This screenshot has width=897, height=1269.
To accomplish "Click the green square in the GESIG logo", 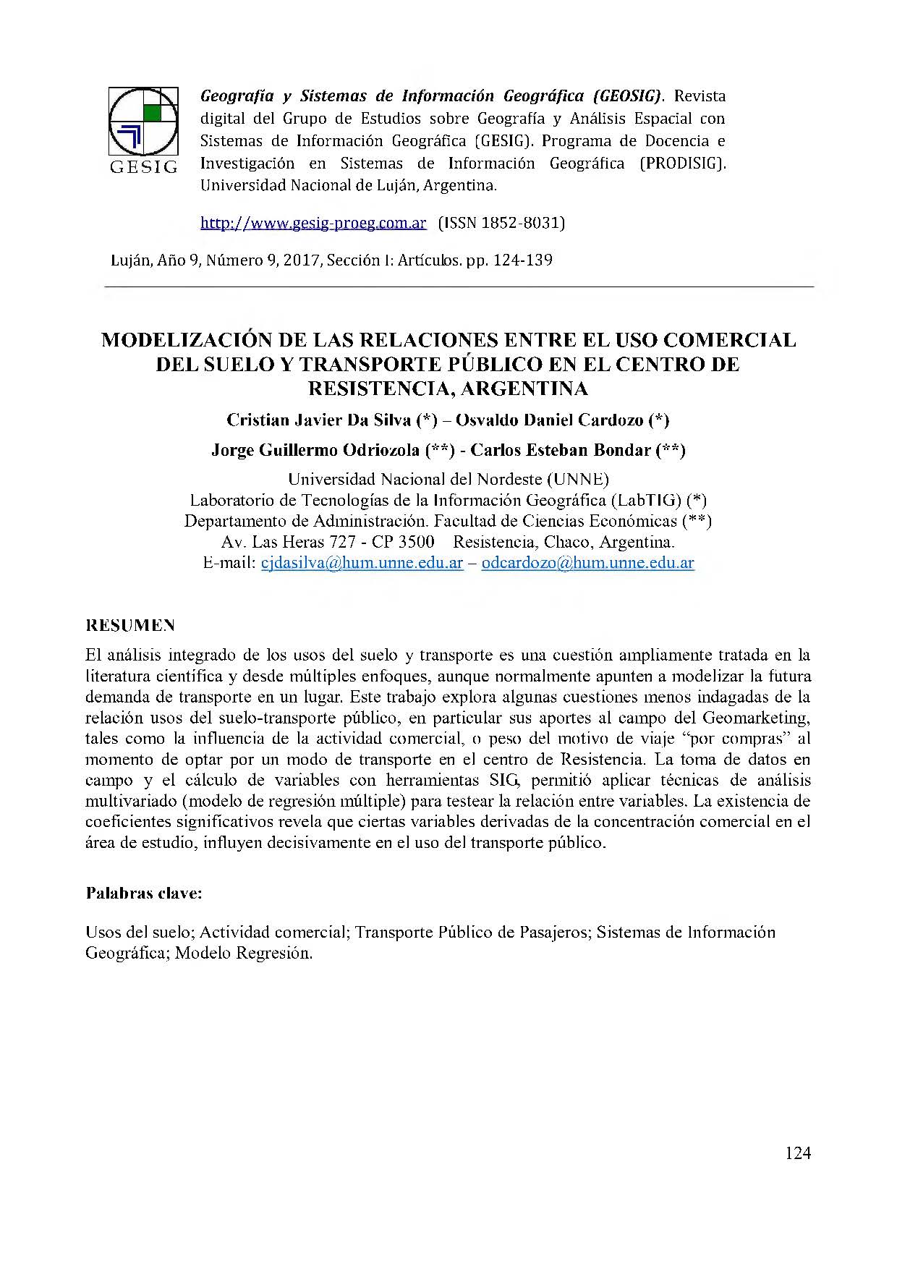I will click(x=153, y=112).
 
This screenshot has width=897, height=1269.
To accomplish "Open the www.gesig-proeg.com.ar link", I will click(x=313, y=223).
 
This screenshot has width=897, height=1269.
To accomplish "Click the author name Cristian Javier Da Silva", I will click(x=318, y=420).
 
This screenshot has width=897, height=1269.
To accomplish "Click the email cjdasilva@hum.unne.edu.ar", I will click(x=361, y=563).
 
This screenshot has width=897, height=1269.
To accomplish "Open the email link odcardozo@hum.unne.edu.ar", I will click(x=587, y=563).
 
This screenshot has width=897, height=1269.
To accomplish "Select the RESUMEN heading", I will click(x=130, y=625).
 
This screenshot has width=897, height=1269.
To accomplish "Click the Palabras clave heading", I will click(x=144, y=893).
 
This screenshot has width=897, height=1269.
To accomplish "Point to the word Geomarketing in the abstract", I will click(x=756, y=718).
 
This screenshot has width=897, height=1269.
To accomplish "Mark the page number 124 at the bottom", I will click(x=797, y=1153).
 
